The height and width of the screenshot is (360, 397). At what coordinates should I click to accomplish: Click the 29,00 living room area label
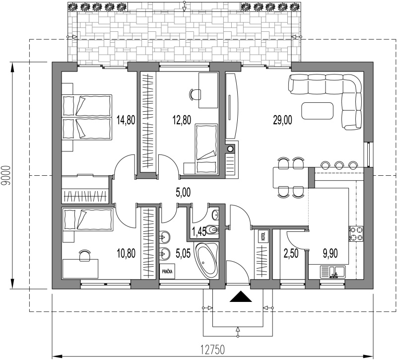(x=282, y=120)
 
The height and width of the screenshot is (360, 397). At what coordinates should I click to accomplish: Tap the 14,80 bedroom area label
(x=126, y=120)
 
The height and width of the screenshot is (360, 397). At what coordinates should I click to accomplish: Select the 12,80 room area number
(x=182, y=120)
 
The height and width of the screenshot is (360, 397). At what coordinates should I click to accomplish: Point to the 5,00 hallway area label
(x=183, y=192)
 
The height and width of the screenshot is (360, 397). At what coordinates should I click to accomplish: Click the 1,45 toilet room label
(x=199, y=232)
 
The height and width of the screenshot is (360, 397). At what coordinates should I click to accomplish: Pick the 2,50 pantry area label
(x=291, y=253)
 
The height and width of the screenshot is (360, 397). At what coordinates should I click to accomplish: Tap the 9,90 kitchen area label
(x=330, y=253)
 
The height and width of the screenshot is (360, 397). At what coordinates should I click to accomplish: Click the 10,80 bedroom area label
(x=126, y=253)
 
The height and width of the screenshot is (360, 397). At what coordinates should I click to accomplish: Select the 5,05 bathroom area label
(x=183, y=253)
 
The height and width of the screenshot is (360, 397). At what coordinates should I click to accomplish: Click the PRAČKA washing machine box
(x=167, y=272)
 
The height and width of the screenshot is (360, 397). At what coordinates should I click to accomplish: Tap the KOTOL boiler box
(x=264, y=236)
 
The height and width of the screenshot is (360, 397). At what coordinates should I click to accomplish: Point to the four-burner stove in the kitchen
(x=356, y=233)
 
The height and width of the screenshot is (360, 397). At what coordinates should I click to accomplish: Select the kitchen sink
(x=332, y=272)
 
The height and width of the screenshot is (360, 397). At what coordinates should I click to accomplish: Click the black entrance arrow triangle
(x=241, y=296)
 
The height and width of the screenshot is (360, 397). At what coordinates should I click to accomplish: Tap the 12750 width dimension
(x=213, y=350)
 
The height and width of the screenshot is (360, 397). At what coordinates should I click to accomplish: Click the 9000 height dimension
(x=6, y=176)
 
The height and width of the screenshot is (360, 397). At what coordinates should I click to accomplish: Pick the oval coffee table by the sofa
(x=317, y=111)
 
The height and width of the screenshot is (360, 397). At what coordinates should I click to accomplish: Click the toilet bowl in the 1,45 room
(x=212, y=230)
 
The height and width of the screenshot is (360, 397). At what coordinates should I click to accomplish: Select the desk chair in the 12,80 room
(x=195, y=94)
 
